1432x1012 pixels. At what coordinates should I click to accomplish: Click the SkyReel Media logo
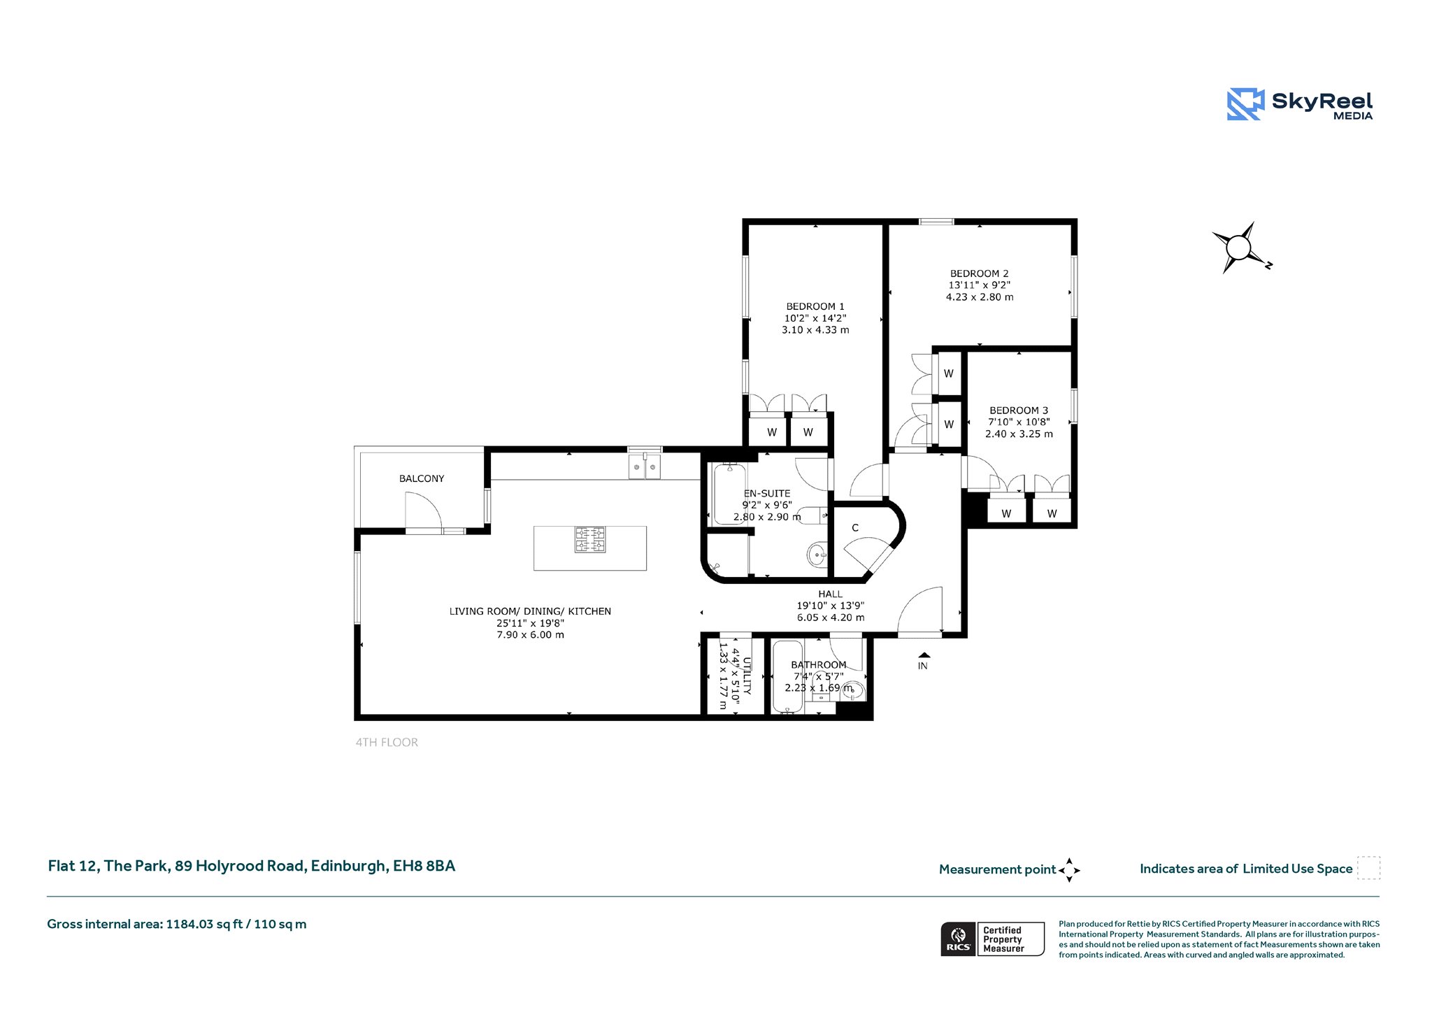click(1300, 104)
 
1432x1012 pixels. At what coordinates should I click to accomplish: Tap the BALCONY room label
click(422, 478)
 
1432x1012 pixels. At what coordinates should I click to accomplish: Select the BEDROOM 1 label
click(815, 306)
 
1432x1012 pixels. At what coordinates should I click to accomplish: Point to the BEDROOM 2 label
click(979, 273)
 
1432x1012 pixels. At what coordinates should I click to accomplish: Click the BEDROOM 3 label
click(1019, 411)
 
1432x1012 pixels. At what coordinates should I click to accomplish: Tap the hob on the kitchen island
click(590, 539)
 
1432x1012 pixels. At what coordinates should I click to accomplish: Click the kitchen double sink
click(644, 466)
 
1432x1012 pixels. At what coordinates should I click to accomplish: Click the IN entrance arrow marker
click(924, 655)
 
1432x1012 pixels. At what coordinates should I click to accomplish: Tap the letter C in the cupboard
click(855, 528)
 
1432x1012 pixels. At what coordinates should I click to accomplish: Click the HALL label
click(831, 594)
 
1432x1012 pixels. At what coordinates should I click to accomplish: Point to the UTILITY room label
click(747, 676)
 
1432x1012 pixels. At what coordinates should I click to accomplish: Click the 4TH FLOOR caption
click(387, 742)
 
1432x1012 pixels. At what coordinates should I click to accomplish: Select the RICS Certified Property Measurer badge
click(992, 939)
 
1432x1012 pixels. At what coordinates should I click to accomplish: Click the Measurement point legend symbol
click(1069, 870)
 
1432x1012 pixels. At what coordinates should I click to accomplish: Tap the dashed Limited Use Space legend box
click(1368, 868)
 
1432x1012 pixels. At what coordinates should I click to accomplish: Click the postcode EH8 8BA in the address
click(424, 866)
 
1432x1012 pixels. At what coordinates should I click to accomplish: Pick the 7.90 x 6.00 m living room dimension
click(530, 635)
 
